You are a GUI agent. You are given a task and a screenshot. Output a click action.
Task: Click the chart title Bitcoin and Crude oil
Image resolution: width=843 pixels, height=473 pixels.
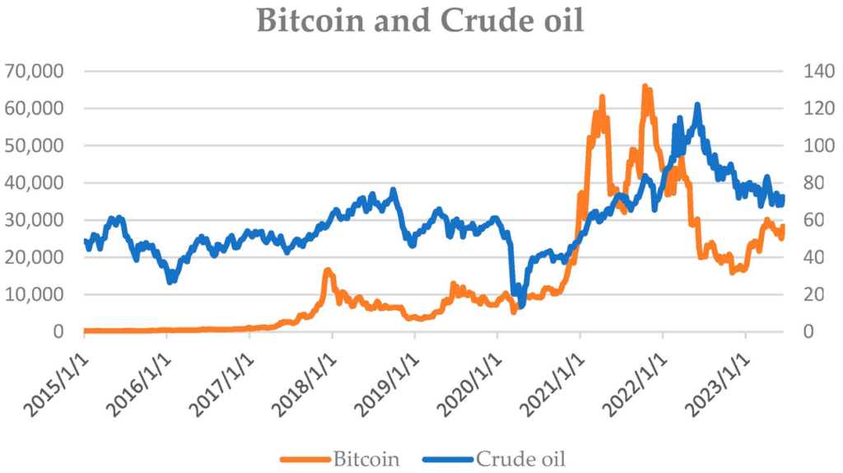[421, 21]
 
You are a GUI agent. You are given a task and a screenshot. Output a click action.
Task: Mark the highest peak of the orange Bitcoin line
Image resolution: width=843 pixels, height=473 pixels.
[645, 87]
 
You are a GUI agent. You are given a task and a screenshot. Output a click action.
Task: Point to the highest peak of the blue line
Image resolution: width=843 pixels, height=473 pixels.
[697, 105]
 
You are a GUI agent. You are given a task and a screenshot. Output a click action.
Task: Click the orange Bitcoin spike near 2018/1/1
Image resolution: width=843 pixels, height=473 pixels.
[328, 270]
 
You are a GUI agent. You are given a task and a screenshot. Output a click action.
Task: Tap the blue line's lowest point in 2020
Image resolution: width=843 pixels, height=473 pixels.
[520, 305]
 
